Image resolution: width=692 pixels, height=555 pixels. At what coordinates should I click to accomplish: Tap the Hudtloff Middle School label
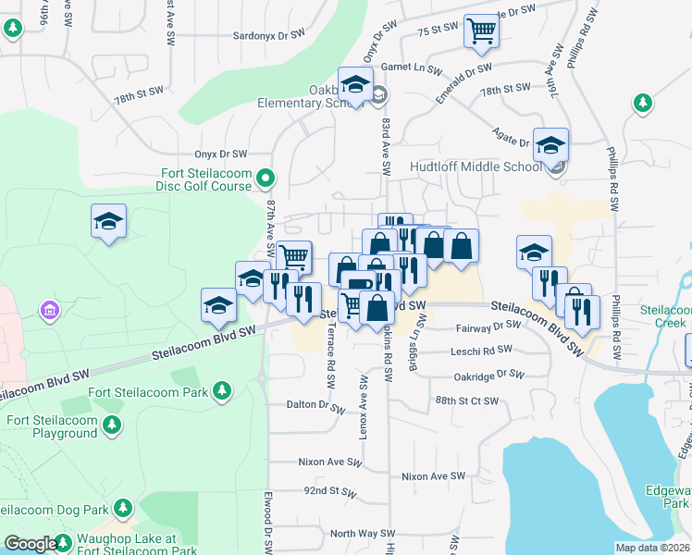click(476, 167)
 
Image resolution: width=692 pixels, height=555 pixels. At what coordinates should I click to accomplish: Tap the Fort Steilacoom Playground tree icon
click(112, 425)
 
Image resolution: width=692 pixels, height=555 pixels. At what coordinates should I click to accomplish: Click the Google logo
click(31, 544)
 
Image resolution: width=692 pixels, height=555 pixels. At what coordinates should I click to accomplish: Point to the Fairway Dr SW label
click(488, 327)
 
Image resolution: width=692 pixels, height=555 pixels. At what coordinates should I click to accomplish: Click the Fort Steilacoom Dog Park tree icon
click(123, 508)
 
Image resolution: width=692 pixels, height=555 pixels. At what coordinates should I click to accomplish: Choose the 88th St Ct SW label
click(467, 401)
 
